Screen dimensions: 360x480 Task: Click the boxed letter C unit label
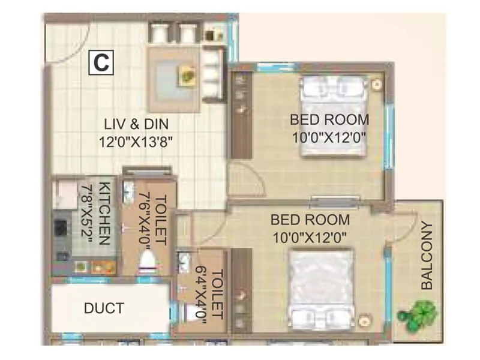pyautogui.click(x=101, y=63)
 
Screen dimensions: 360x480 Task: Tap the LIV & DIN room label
pyautogui.click(x=137, y=124)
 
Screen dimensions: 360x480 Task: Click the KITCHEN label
pyautogui.click(x=103, y=213)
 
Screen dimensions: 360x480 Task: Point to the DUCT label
pyautogui.click(x=104, y=308)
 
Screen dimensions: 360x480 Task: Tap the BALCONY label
pyautogui.click(x=427, y=256)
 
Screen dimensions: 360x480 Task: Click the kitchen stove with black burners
pyautogui.click(x=61, y=229)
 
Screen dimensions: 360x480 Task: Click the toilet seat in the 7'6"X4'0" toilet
pyautogui.click(x=146, y=260)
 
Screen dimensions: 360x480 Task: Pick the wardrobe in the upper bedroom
pyautogui.click(x=242, y=114)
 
